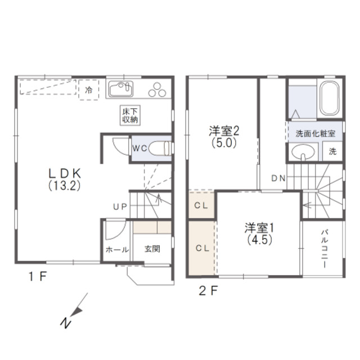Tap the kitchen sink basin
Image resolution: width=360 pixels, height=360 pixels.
[x=121, y=89]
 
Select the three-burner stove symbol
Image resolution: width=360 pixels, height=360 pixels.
[x=157, y=90]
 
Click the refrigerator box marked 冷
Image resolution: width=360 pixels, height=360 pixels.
[x=89, y=90]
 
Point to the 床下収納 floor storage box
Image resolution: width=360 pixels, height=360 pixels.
[x=130, y=115]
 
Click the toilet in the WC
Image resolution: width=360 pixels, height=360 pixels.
[x=160, y=148]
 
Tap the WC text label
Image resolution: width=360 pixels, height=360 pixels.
[x=140, y=148]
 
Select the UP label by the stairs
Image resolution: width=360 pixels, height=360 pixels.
[x=120, y=207]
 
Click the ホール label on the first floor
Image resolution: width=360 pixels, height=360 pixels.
[x=117, y=250]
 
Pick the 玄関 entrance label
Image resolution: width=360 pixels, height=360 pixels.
[x=152, y=249]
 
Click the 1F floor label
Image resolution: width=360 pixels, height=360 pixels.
[x=38, y=276]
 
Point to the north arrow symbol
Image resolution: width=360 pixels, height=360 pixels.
[x=74, y=310]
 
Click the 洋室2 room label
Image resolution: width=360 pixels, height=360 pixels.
[x=224, y=137]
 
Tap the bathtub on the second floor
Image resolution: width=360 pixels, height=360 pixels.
[x=330, y=98]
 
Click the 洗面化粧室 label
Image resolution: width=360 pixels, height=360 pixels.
[x=315, y=133]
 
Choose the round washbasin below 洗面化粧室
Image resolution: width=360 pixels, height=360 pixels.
[x=303, y=152]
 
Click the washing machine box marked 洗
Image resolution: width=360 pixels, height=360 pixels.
[x=332, y=151]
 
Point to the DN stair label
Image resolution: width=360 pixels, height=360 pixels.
[x=278, y=178]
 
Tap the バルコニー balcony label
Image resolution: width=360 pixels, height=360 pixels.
[x=325, y=249]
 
